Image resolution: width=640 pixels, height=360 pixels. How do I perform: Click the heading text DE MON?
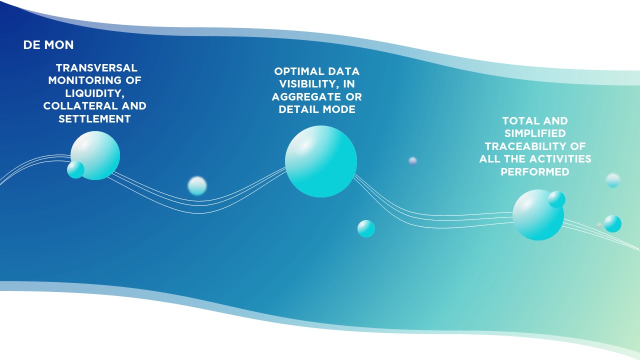[48, 45]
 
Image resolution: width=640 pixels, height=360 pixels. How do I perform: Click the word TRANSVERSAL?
[96, 68]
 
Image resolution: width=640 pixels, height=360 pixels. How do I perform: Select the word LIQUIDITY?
[95, 93]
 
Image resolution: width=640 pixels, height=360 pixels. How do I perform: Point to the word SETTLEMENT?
[94, 119]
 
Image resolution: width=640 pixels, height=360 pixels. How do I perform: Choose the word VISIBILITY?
[309, 84]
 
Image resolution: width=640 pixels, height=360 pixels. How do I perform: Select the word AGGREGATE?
[306, 97]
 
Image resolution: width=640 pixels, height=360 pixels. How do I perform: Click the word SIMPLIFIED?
[535, 133]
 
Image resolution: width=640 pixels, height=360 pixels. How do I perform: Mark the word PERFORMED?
[535, 171]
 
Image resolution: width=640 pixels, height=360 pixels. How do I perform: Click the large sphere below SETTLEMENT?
[95, 155]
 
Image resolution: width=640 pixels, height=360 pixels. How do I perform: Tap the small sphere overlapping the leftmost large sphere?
[75, 169]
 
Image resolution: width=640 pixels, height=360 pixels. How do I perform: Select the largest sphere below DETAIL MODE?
[321, 161]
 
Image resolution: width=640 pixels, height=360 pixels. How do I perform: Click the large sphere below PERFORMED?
[538, 215]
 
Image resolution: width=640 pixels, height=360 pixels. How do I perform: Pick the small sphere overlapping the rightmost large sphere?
[556, 199]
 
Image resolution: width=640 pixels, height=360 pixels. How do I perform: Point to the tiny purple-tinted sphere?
[412, 160]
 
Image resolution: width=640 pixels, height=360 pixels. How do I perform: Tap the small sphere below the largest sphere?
[366, 228]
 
